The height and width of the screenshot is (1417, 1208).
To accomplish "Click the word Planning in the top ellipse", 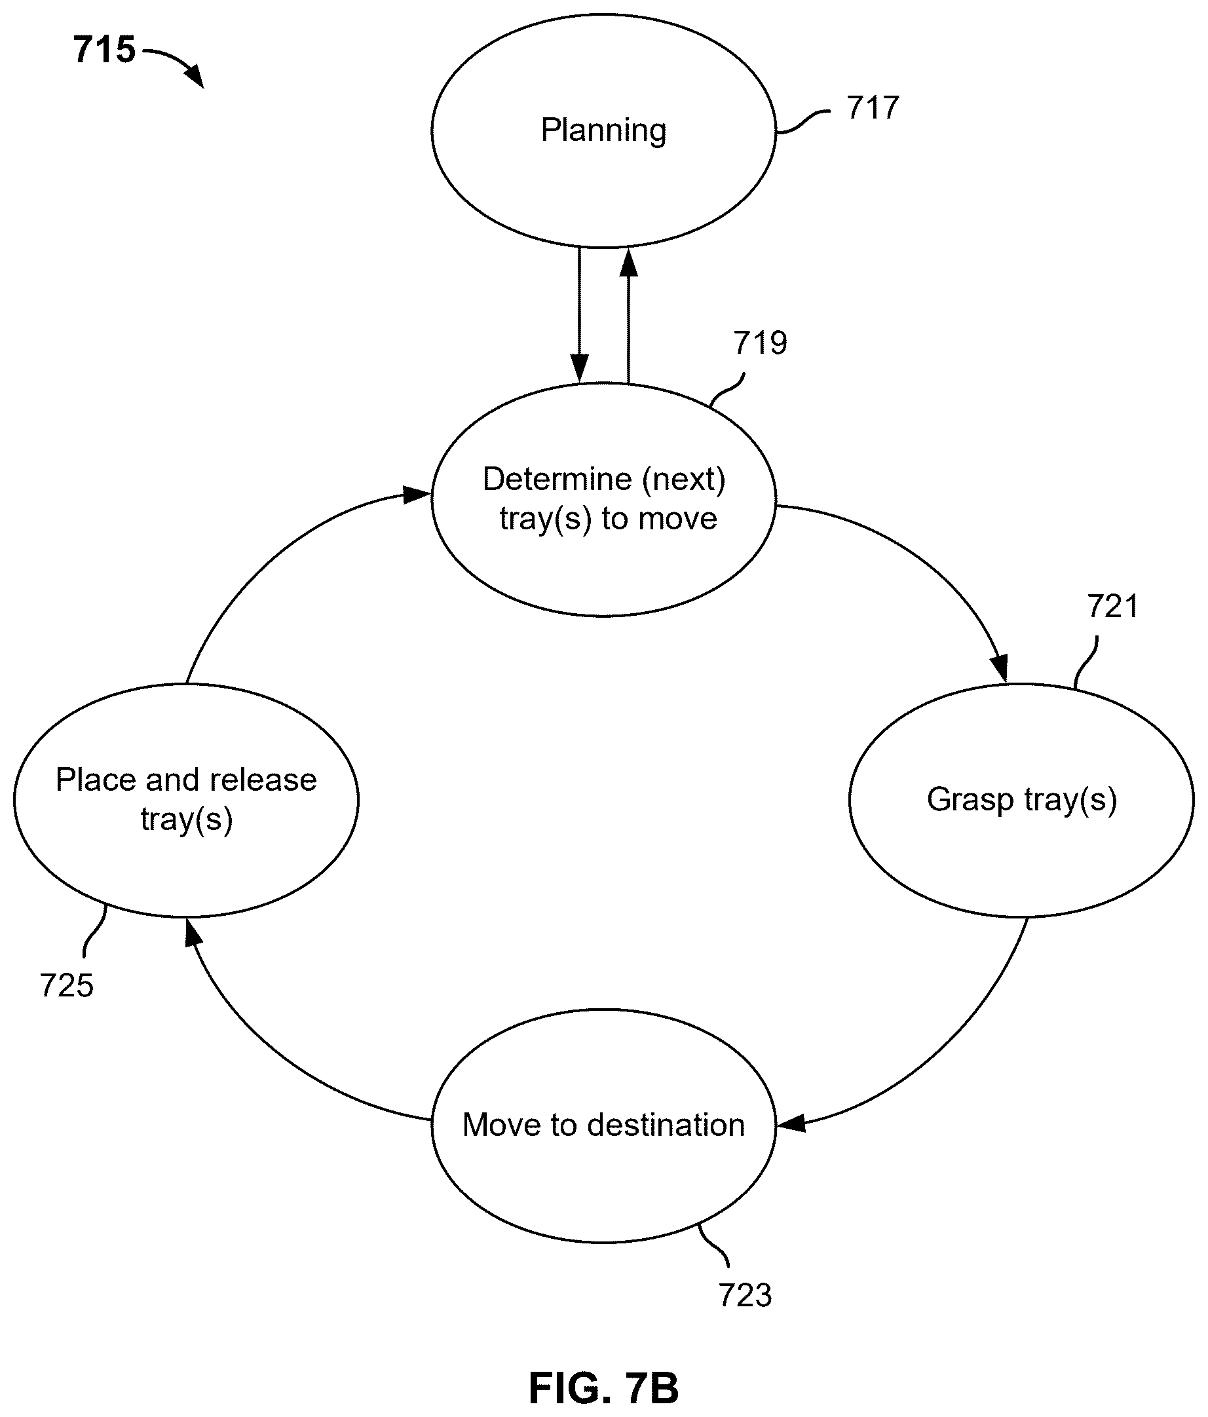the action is tap(603, 130).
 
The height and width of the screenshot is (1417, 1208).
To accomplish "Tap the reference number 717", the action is tap(872, 108).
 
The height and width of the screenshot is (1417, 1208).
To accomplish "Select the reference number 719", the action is tap(760, 343).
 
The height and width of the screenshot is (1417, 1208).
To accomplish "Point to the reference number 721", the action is tap(1113, 607).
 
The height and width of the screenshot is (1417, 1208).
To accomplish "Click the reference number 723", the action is tap(745, 1294).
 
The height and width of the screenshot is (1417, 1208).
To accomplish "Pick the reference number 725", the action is tap(66, 985).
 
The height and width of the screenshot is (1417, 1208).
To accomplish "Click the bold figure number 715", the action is tap(105, 50).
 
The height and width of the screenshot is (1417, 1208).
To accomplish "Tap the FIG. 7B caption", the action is tap(603, 1388).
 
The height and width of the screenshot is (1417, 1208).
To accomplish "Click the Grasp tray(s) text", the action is tap(1021, 800).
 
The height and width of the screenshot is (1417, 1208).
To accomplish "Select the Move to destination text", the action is tap(603, 1125).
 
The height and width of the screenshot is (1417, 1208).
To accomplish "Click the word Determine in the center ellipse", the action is tap(557, 479).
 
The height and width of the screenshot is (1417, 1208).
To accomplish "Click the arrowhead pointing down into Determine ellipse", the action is tap(579, 369).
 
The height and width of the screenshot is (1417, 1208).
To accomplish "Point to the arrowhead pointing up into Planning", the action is tap(628, 262).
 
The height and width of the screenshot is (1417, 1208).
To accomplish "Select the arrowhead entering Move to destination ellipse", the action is tap(791, 1124).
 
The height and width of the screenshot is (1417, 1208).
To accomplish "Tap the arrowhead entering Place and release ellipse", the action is tap(193, 932).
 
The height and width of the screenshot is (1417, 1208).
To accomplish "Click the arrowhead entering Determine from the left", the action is tap(417, 495).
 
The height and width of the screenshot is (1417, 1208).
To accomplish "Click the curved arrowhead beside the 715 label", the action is tap(196, 77).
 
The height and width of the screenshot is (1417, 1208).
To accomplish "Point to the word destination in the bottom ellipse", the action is tap(666, 1125).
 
